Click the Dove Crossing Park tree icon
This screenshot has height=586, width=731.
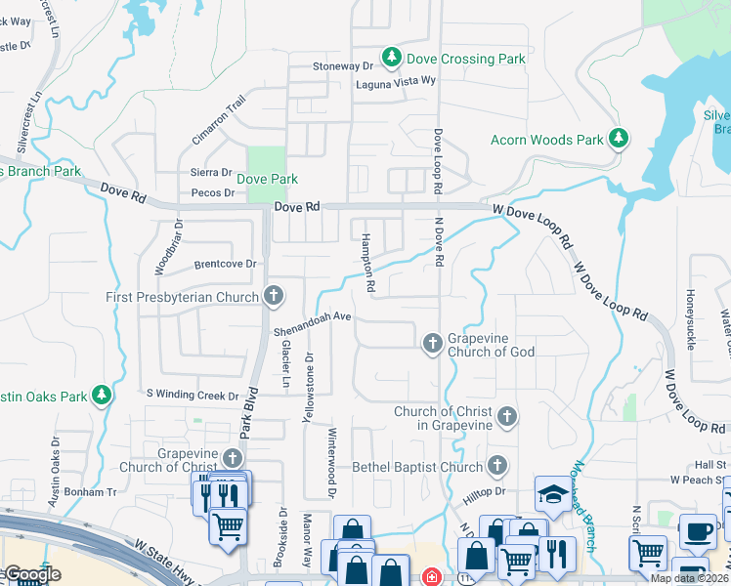392,59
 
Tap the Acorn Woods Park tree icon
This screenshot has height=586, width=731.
618,140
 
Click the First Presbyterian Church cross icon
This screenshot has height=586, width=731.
275,296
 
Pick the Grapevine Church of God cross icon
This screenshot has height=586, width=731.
433,344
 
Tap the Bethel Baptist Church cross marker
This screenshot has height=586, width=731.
497,467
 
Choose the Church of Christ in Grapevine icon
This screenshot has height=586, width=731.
506,418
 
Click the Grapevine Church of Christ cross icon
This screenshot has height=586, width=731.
232,458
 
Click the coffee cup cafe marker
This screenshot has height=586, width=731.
698,531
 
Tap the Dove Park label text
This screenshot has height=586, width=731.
267,180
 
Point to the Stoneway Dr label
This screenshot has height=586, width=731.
343,66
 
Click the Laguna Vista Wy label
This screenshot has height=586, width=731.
394,83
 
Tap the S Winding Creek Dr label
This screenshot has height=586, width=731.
193,396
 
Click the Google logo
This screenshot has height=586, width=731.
31,574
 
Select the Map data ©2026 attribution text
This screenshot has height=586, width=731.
689,578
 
